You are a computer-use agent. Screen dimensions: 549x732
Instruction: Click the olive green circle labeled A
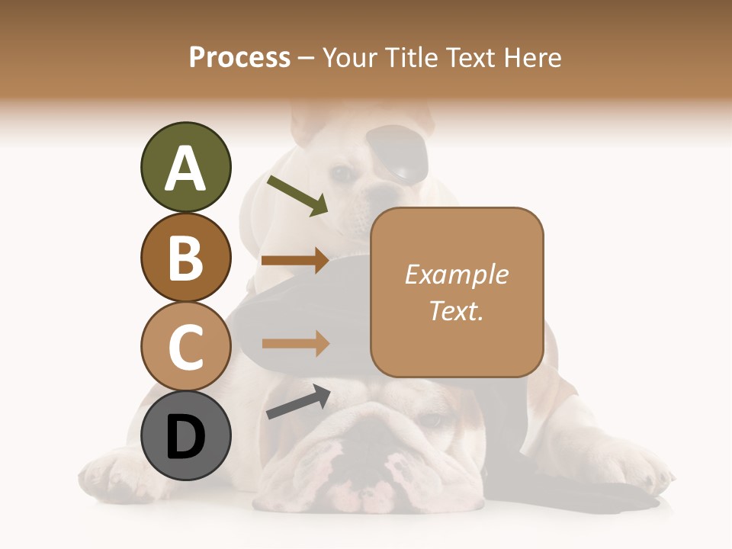click(x=185, y=167)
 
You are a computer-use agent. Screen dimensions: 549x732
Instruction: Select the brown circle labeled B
click(x=185, y=257)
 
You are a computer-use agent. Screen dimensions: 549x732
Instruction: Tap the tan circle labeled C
click(x=185, y=346)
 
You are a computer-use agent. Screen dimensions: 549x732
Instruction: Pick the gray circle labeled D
click(x=185, y=436)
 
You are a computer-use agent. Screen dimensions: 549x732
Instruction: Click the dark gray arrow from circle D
click(x=298, y=402)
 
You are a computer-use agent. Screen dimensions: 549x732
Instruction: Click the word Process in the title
click(x=239, y=57)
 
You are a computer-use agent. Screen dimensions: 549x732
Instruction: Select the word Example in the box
click(x=457, y=274)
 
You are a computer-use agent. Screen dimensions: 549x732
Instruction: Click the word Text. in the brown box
click(x=457, y=311)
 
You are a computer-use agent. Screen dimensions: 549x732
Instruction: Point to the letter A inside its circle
click(x=185, y=169)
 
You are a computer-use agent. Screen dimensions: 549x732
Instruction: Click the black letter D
click(x=185, y=438)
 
